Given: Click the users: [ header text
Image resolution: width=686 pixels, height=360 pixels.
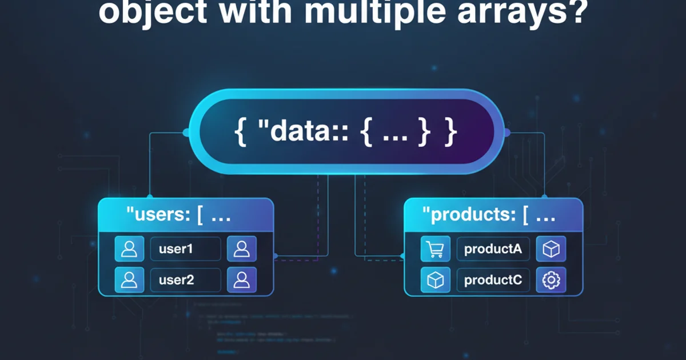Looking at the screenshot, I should pyautogui.click(x=177, y=215).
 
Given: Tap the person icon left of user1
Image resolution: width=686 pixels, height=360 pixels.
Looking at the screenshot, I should pyautogui.click(x=130, y=249).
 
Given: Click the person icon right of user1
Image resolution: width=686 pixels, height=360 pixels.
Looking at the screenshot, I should pyautogui.click(x=242, y=249).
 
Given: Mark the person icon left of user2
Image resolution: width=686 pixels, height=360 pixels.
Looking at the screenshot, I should pyautogui.click(x=130, y=280).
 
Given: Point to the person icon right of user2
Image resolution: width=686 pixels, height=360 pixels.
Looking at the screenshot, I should pyautogui.click(x=242, y=280).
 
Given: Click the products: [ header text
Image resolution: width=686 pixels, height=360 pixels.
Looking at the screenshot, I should pyautogui.click(x=489, y=215).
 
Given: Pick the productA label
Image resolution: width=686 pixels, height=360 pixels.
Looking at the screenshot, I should pyautogui.click(x=493, y=249).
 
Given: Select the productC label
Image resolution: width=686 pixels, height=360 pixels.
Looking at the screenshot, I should pyautogui.click(x=493, y=280).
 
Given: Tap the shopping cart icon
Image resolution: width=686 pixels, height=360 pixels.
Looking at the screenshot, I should pyautogui.click(x=436, y=249).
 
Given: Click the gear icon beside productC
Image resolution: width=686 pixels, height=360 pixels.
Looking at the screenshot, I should pyautogui.click(x=552, y=280).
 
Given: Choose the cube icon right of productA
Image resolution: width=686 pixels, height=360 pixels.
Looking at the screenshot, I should pyautogui.click(x=552, y=249).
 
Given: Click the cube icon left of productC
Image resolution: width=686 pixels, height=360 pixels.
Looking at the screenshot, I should pyautogui.click(x=436, y=280).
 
